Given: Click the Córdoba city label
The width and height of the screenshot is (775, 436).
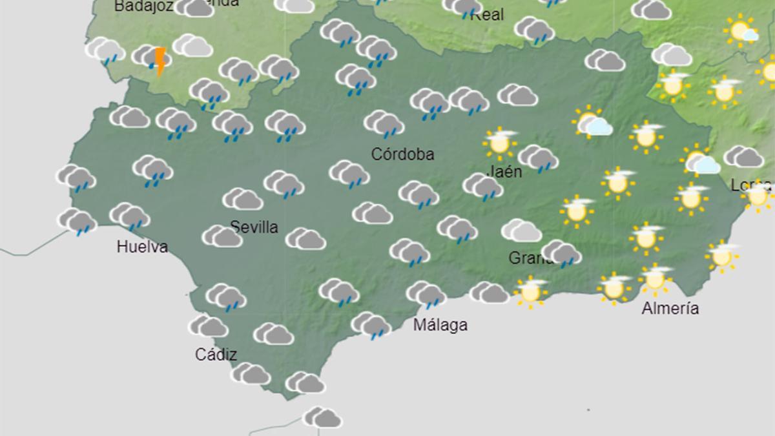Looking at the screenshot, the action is click(403, 154).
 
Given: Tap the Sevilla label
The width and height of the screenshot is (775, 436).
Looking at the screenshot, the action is click(254, 227).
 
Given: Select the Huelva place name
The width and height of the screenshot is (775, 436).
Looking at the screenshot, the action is click(142, 246).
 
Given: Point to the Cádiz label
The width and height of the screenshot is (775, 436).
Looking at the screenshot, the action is click(216, 355).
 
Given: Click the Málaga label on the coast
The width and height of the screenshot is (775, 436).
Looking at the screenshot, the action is click(440, 325).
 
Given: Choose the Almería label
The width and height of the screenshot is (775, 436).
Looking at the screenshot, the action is click(670, 309).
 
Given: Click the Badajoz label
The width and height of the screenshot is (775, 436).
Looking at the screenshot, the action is click(143, 6).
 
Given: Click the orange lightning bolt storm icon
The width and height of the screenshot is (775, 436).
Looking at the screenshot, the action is click(160, 61).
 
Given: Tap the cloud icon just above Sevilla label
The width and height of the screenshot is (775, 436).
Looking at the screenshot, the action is click(243, 200).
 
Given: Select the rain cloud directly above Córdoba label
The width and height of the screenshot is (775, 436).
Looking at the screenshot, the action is click(384, 123).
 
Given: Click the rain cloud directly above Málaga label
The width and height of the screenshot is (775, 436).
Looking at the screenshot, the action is click(426, 295).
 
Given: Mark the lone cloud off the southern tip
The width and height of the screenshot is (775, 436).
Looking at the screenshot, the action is click(322, 417).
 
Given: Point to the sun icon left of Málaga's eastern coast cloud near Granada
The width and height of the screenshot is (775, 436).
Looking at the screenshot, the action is click(531, 291).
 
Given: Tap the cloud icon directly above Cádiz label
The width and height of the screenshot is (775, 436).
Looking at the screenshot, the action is click(208, 326).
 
